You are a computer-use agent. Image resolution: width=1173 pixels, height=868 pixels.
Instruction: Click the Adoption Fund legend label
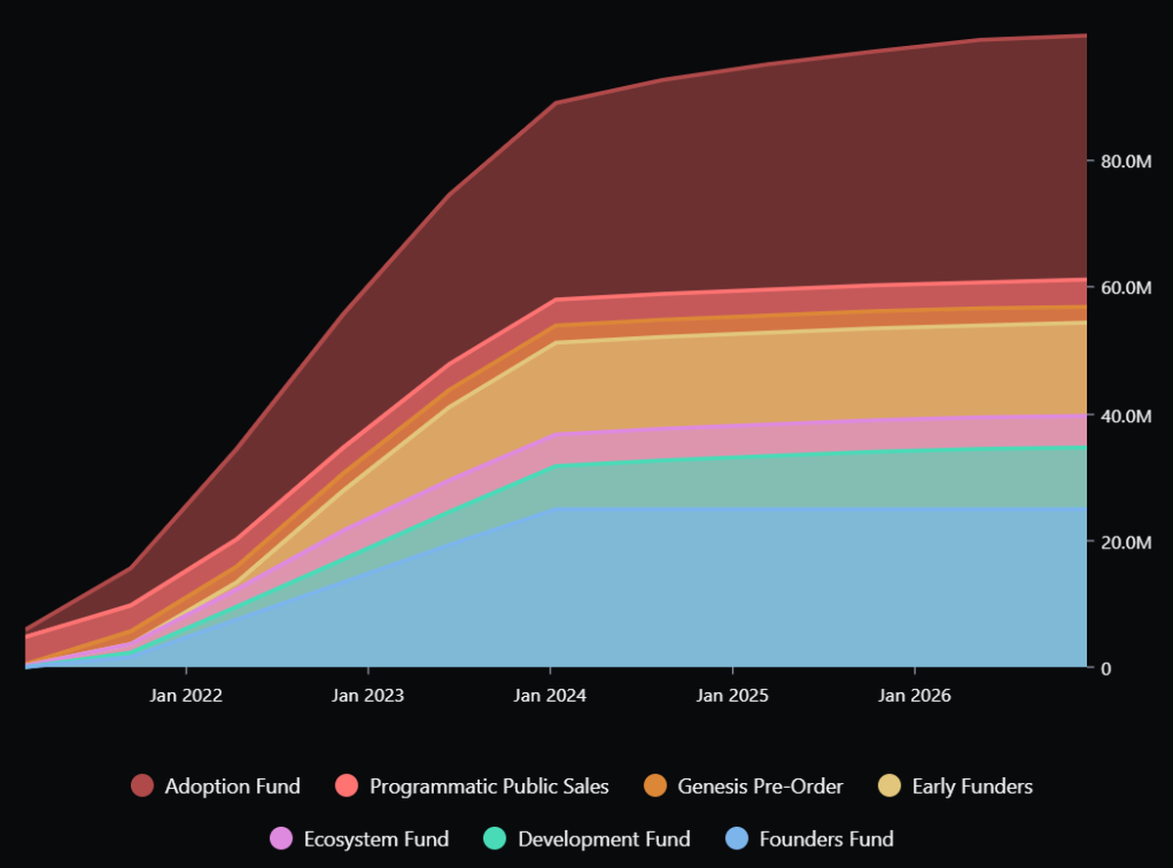(233, 786)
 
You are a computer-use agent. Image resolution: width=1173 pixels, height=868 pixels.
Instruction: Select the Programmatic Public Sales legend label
(489, 786)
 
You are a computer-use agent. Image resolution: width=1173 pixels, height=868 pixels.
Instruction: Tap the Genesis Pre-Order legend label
(760, 786)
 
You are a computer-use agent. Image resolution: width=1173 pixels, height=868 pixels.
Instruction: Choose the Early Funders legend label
(972, 786)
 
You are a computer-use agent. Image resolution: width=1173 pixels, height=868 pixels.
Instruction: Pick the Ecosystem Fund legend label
(376, 839)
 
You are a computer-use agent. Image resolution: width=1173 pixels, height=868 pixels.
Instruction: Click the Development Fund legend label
(604, 839)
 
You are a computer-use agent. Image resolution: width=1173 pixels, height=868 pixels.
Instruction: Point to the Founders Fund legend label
(826, 839)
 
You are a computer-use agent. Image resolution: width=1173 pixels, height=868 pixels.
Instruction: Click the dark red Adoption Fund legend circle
(143, 786)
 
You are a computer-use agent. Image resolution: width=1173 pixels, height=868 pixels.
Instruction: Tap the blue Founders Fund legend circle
(737, 839)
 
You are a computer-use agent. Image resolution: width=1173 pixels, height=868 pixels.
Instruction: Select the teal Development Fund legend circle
(496, 839)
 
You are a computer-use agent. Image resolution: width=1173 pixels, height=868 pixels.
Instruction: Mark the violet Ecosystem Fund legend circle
(282, 839)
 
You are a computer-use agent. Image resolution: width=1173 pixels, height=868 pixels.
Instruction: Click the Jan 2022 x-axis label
(186, 696)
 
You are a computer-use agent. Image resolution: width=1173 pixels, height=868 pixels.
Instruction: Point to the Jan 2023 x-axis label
(368, 696)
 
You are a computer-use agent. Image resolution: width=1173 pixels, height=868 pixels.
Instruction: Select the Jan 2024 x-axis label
(550, 696)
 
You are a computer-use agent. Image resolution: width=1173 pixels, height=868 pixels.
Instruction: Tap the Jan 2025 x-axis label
(732, 696)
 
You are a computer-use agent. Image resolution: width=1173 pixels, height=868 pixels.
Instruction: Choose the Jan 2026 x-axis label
(914, 696)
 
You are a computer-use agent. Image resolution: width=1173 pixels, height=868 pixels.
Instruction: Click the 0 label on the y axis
(1106, 669)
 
